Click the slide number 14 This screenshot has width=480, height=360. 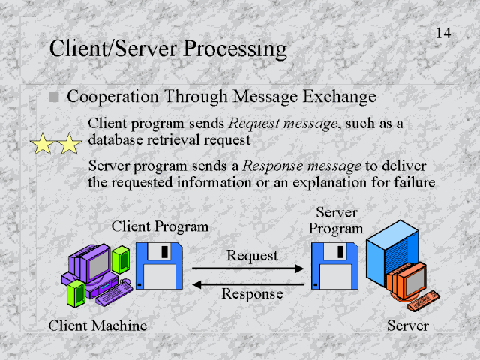click(442, 32)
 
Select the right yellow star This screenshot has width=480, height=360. click(69, 144)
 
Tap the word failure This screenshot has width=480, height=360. click(411, 181)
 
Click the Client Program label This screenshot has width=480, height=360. click(160, 226)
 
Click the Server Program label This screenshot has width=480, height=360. click(336, 220)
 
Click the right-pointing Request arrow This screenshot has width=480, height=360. click(248, 268)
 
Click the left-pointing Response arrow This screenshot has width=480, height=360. click(248, 283)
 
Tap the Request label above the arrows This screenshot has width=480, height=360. click(252, 255)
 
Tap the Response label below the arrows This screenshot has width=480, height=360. click(252, 294)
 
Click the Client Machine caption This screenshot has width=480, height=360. click(97, 325)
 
